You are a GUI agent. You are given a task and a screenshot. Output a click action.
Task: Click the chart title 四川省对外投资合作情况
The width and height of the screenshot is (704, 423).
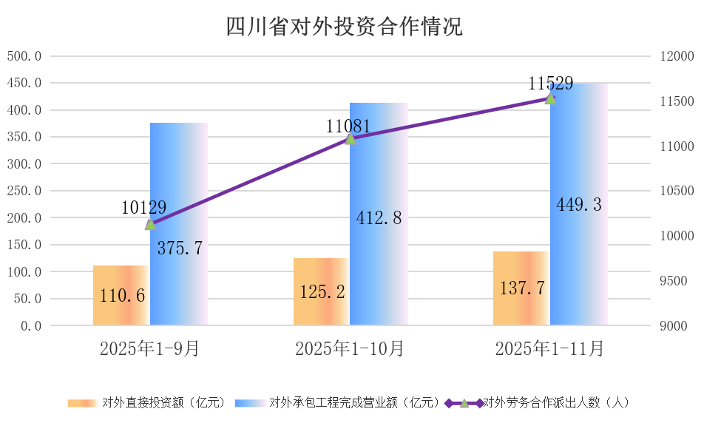click(344, 27)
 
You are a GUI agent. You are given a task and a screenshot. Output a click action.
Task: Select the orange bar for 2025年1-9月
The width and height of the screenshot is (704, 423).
click(121, 296)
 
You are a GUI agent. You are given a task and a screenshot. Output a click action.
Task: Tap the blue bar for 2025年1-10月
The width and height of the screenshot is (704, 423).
click(379, 214)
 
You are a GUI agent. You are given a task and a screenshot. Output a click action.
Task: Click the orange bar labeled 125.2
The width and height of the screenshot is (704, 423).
click(322, 292)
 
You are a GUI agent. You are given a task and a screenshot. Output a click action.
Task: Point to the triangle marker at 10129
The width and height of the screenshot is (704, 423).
click(150, 224)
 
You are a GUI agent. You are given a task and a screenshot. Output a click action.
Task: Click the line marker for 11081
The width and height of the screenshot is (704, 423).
click(351, 138)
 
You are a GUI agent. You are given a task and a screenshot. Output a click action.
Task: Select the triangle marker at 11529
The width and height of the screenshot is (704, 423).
click(550, 98)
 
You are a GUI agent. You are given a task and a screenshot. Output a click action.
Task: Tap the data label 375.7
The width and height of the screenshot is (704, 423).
click(180, 248)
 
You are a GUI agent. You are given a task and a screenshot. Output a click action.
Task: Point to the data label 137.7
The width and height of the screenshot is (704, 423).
click(521, 288)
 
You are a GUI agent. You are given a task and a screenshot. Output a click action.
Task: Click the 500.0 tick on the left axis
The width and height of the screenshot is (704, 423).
click(24, 56)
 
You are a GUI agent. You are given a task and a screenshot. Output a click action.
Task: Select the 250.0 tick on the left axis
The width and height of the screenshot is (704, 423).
click(24, 191)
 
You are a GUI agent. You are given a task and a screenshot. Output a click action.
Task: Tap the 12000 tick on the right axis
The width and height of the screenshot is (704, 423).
click(673, 56)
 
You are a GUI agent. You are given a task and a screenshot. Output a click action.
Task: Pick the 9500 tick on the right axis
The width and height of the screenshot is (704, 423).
click(676, 281)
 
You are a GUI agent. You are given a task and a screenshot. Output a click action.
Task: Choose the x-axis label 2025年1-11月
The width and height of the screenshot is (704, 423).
click(549, 349)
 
